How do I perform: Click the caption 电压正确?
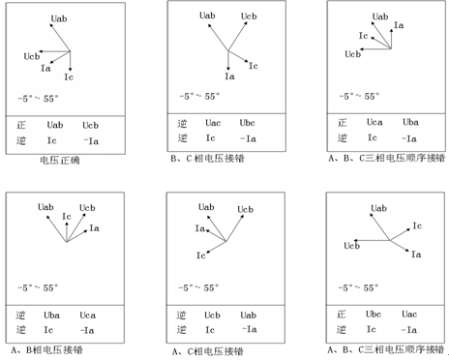click(60, 160)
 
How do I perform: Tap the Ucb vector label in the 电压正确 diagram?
click(32, 56)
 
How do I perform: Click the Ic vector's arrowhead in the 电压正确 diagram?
click(71, 70)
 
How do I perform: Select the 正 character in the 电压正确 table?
click(21, 125)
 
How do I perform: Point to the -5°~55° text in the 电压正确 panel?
click(38, 99)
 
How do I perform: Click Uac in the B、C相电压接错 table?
click(213, 123)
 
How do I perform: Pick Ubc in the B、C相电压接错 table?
click(247, 123)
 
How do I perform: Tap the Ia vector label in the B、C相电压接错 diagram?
click(229, 76)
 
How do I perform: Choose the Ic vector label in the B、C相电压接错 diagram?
click(254, 66)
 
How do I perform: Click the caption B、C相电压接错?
click(208, 159)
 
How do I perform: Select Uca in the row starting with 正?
click(374, 122)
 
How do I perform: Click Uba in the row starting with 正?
click(410, 122)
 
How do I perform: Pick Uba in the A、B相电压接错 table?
click(51, 315)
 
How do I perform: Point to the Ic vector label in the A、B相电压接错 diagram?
click(67, 217)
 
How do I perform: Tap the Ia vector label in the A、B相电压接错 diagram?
click(94, 228)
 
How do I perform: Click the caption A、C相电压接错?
click(208, 351)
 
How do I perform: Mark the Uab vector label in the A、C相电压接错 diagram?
click(206, 207)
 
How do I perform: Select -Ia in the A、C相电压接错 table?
click(250, 329)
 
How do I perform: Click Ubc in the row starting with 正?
click(374, 314)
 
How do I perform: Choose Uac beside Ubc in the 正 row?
click(409, 314)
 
